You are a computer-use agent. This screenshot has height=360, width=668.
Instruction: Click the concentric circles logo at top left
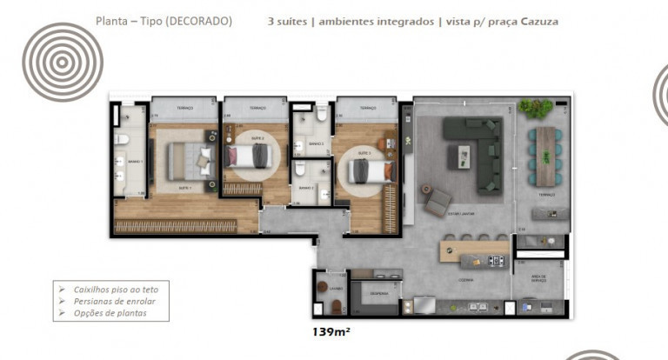coord(63,62)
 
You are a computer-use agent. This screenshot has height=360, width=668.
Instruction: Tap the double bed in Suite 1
coord(189,159)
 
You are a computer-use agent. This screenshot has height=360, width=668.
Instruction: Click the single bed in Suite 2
coord(250,157)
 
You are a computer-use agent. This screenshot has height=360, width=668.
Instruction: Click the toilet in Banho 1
coord(124,139)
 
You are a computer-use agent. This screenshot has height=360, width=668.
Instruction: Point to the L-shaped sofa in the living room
coord(481,152)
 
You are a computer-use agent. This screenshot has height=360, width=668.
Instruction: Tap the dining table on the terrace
coord(545,157)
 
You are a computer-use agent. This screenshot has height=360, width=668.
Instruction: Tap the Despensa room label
coord(378,293)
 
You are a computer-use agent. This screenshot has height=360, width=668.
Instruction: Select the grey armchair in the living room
coord(434,202)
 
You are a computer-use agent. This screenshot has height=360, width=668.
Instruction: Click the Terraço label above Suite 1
coord(184,109)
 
